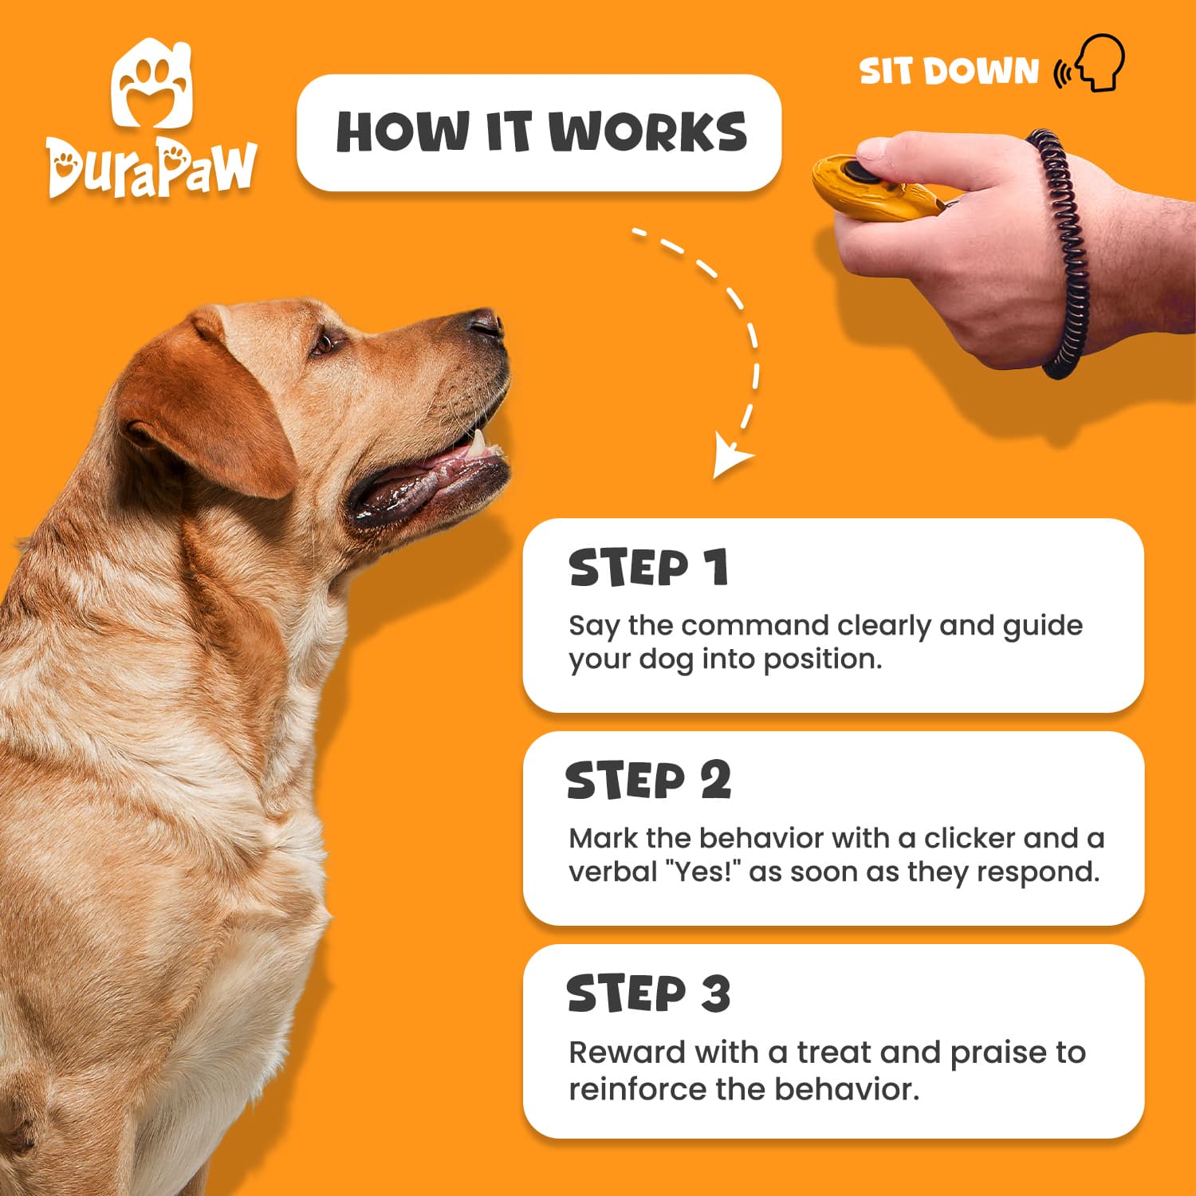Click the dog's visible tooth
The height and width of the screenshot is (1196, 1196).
(x=478, y=442)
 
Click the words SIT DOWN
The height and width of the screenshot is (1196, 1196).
(x=949, y=72)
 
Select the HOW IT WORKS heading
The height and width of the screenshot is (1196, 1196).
(x=541, y=132)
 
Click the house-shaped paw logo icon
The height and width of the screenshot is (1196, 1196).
(x=152, y=85)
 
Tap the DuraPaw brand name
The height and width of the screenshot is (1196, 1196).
(x=151, y=168)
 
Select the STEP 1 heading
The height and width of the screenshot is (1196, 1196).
(x=648, y=568)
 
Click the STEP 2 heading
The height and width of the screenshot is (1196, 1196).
(x=648, y=781)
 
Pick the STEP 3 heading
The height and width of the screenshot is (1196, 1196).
(x=648, y=993)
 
